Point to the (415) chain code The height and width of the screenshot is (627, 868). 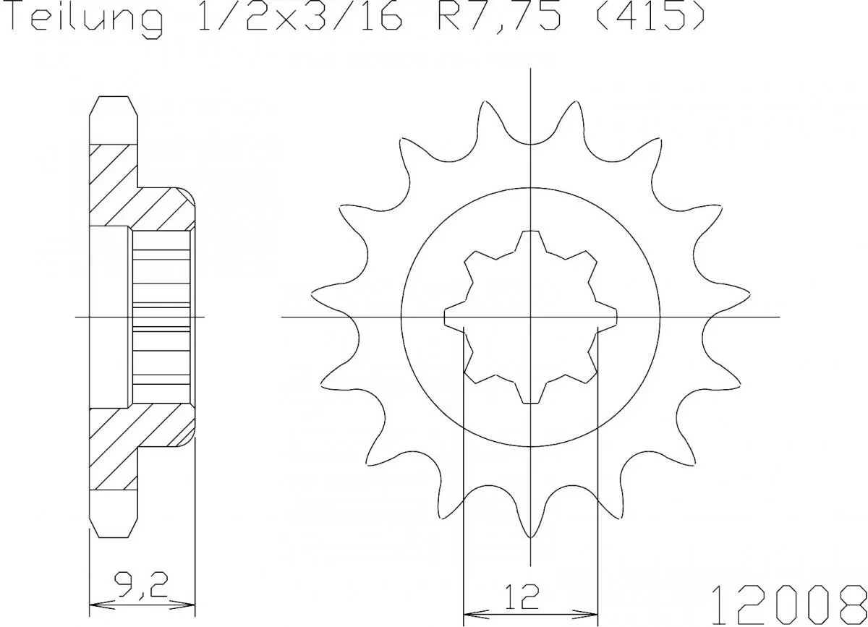[x=648, y=20]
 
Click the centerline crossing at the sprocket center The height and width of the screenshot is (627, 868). [x=531, y=317]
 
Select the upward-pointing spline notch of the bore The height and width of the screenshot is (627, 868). [x=531, y=239]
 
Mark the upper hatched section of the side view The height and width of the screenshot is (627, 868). [x=137, y=192]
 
